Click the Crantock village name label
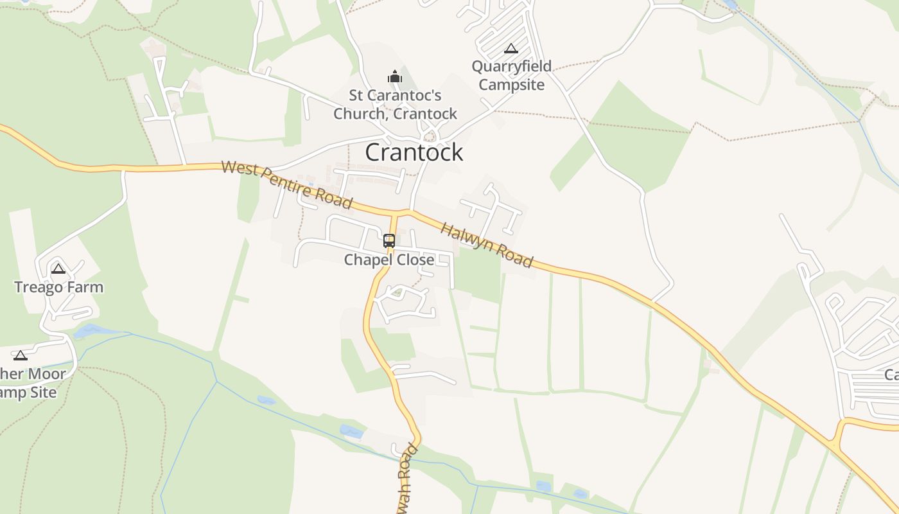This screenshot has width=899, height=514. [x=414, y=152]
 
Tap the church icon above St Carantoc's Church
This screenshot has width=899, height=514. [x=395, y=77]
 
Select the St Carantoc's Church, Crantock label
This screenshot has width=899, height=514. [x=395, y=105]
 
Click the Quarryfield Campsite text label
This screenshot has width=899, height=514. [x=512, y=76]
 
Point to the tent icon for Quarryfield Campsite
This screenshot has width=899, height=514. [x=511, y=48]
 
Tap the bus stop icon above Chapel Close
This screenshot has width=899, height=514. [x=389, y=241]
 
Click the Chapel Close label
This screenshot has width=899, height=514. [x=389, y=260]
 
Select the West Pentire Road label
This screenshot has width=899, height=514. [x=286, y=185]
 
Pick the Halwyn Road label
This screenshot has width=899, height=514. [x=487, y=245]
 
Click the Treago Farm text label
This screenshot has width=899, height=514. [x=59, y=287]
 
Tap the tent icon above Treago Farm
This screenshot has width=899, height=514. [x=58, y=269]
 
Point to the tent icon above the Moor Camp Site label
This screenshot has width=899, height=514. [x=21, y=355]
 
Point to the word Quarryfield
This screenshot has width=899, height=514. [x=512, y=67]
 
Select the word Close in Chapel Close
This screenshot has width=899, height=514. [x=416, y=260]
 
